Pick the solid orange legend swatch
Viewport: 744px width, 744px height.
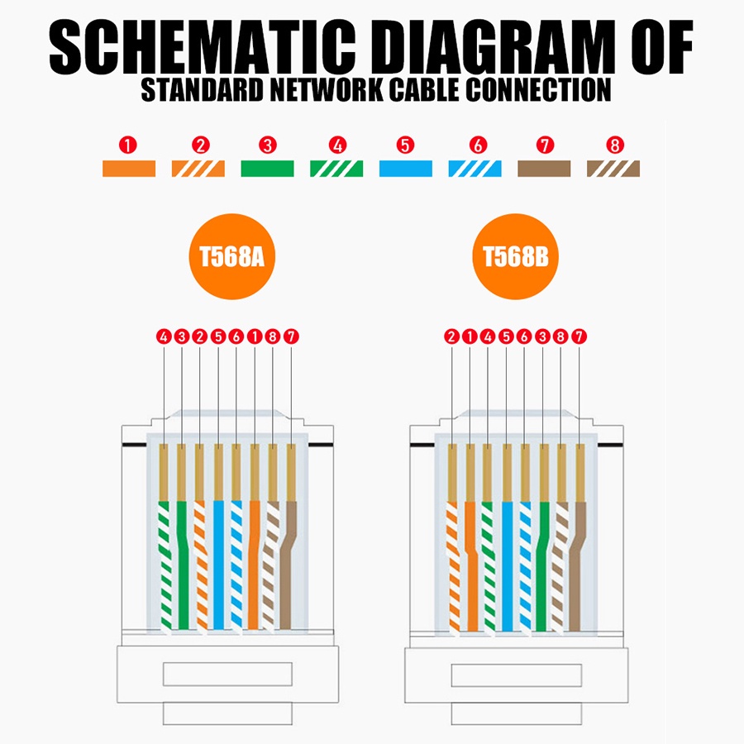point(128,169)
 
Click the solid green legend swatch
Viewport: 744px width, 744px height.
point(267,169)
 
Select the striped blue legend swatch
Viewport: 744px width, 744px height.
point(475,169)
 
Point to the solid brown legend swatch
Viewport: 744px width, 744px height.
point(544,169)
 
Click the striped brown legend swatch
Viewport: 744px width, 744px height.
point(613,169)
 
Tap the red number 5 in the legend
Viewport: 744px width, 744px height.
point(404,145)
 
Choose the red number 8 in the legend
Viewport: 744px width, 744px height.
point(613,145)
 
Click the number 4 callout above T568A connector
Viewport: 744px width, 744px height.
point(164,336)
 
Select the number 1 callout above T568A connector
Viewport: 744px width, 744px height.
point(254,336)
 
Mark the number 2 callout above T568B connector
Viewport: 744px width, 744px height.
point(451,336)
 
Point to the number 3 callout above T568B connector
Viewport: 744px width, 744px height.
point(542,336)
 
